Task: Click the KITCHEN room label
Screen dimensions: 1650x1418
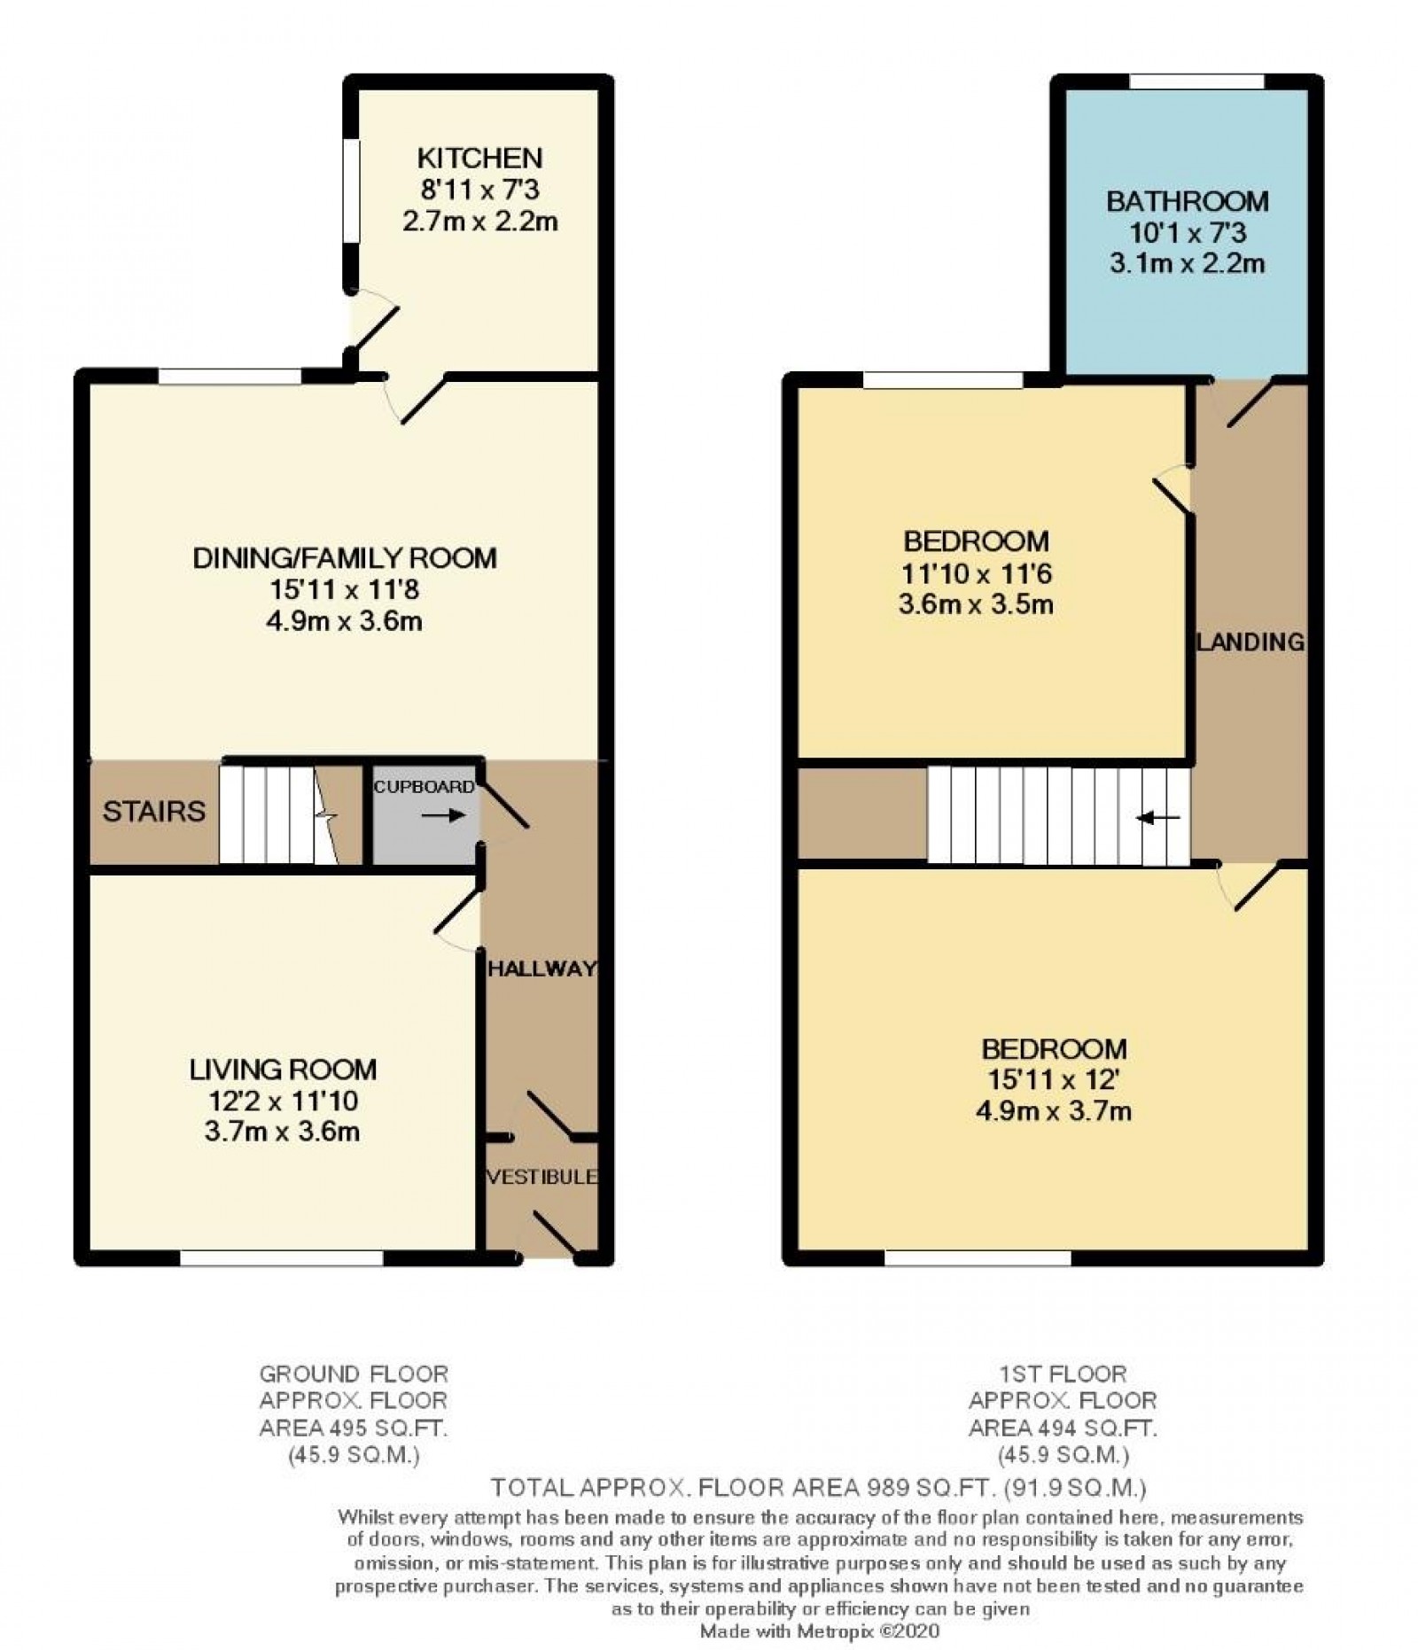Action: click(x=479, y=159)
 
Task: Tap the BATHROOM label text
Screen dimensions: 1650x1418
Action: click(x=1187, y=201)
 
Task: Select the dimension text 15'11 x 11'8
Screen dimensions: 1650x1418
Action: click(x=344, y=589)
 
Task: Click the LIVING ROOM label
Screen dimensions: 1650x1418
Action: click(x=283, y=1070)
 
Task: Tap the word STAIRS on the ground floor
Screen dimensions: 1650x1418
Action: click(x=153, y=811)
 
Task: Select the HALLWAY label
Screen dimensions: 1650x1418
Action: click(x=541, y=969)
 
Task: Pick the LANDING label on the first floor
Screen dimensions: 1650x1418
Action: click(x=1250, y=642)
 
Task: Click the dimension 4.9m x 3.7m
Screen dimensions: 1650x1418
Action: click(x=1053, y=1110)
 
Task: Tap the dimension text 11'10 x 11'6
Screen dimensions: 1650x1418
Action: click(x=976, y=573)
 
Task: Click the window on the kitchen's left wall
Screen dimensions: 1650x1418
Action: click(x=352, y=191)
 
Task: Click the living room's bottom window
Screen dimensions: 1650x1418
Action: click(x=281, y=1257)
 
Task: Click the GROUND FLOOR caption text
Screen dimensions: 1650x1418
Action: click(x=353, y=1374)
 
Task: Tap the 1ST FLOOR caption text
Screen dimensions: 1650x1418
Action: click(x=1062, y=1374)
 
